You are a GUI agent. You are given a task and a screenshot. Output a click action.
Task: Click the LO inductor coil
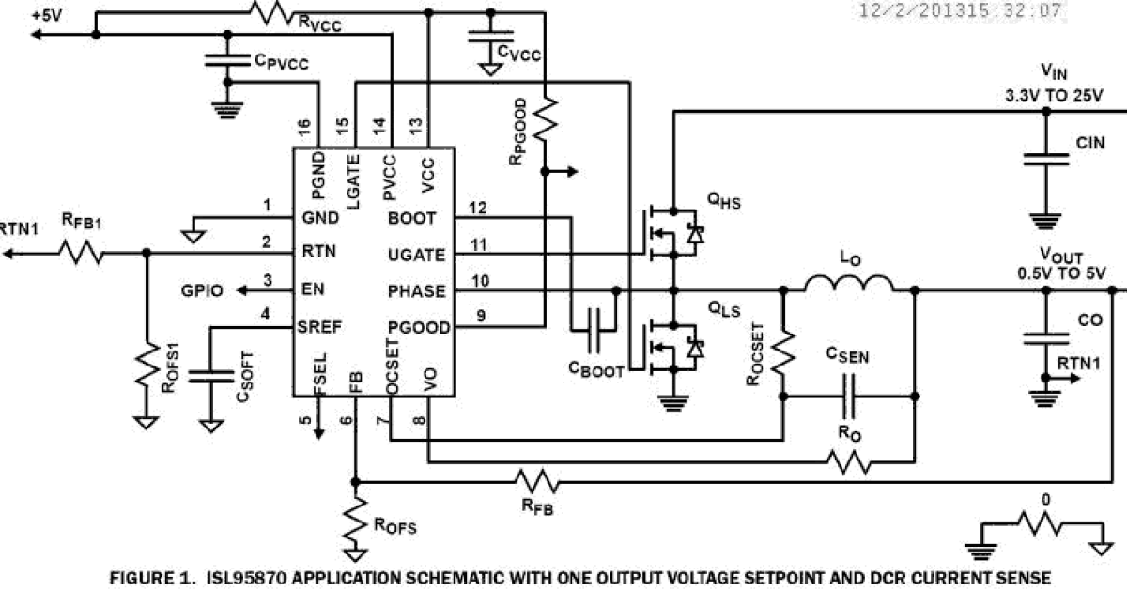coord(850,284)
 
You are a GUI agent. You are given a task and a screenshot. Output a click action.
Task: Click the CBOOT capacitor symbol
coord(594,330)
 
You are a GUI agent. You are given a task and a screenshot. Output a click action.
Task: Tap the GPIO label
coord(202,290)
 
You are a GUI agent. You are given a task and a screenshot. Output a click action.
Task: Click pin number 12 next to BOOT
coord(478,208)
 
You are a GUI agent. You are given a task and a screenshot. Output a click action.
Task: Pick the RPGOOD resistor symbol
coord(546,122)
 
